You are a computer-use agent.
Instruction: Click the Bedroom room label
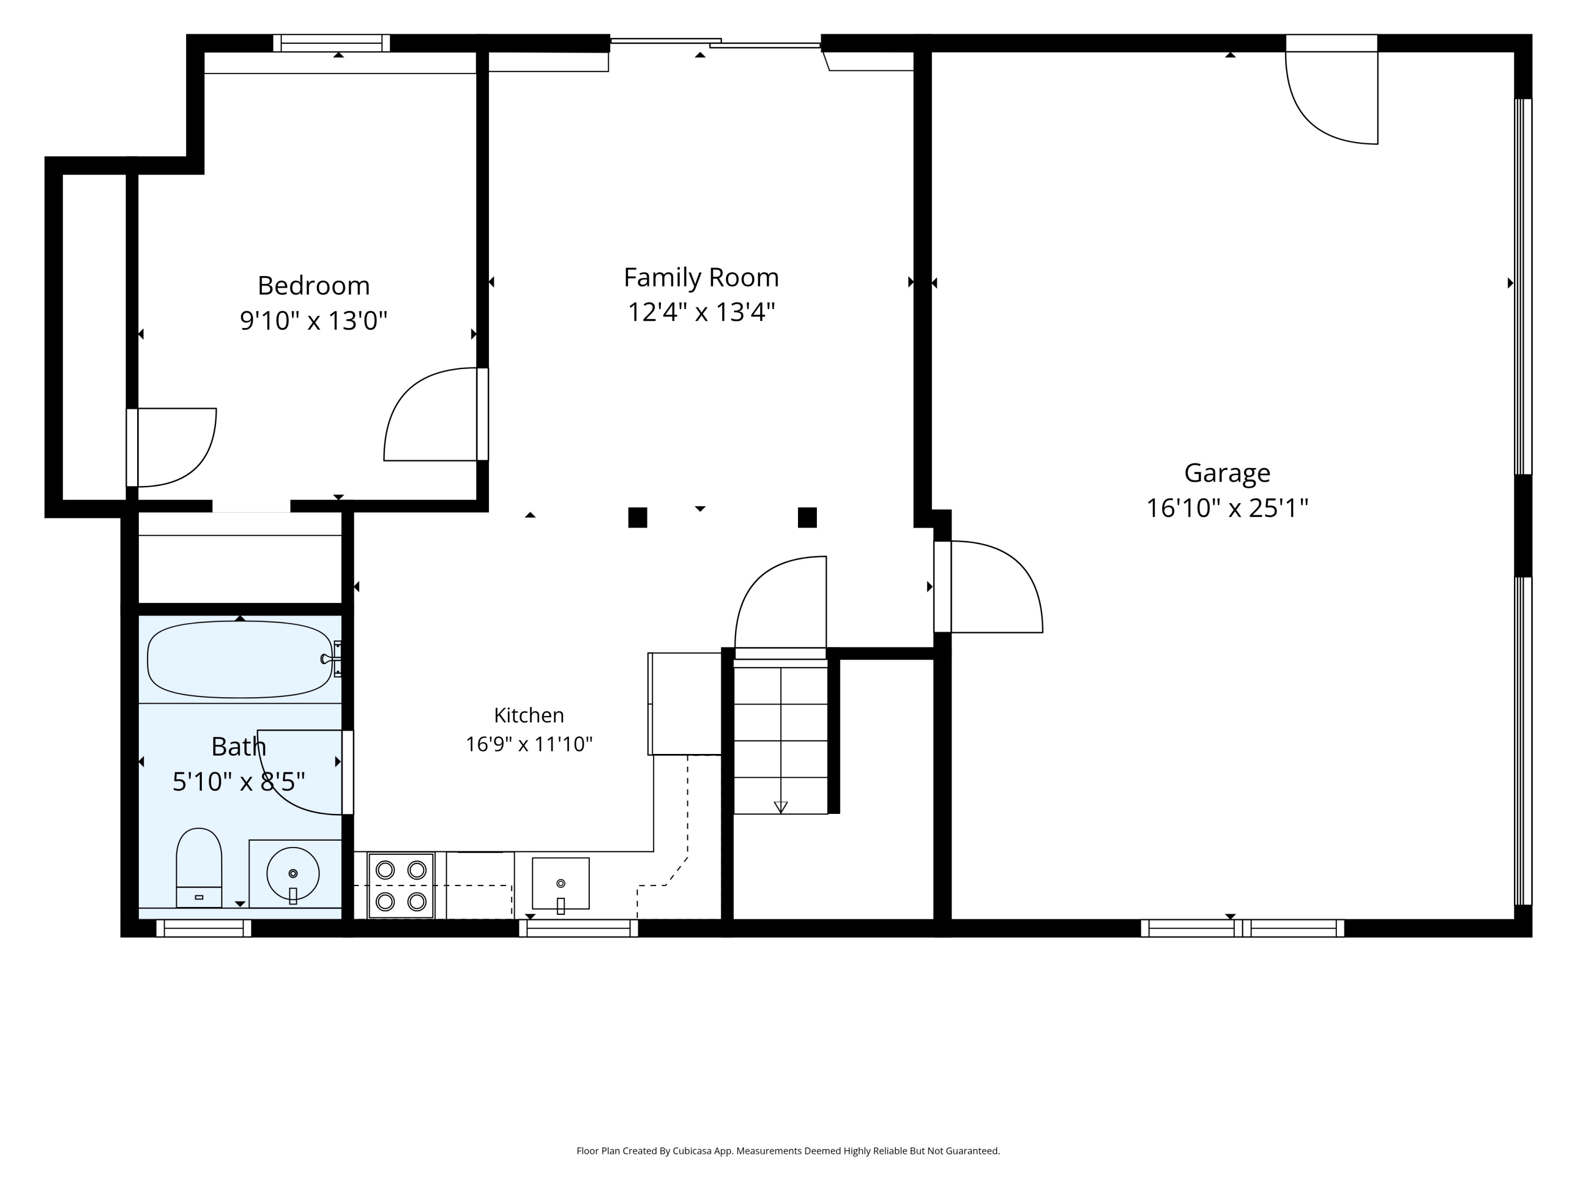[314, 286]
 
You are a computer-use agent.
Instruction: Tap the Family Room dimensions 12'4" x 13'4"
[701, 312]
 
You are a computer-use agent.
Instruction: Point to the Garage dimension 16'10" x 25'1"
[1227, 508]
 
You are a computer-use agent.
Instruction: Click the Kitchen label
[529, 715]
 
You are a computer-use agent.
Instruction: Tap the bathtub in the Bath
[240, 660]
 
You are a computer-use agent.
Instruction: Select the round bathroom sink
[293, 873]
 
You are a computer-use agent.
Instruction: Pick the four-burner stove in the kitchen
[401, 885]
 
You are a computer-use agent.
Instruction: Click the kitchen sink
[561, 884]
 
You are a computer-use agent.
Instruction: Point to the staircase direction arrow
[781, 807]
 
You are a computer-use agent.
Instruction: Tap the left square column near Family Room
[637, 518]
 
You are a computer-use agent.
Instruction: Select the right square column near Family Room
[807, 518]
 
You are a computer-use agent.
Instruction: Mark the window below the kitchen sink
[578, 929]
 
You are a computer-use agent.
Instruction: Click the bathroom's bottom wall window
[204, 929]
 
